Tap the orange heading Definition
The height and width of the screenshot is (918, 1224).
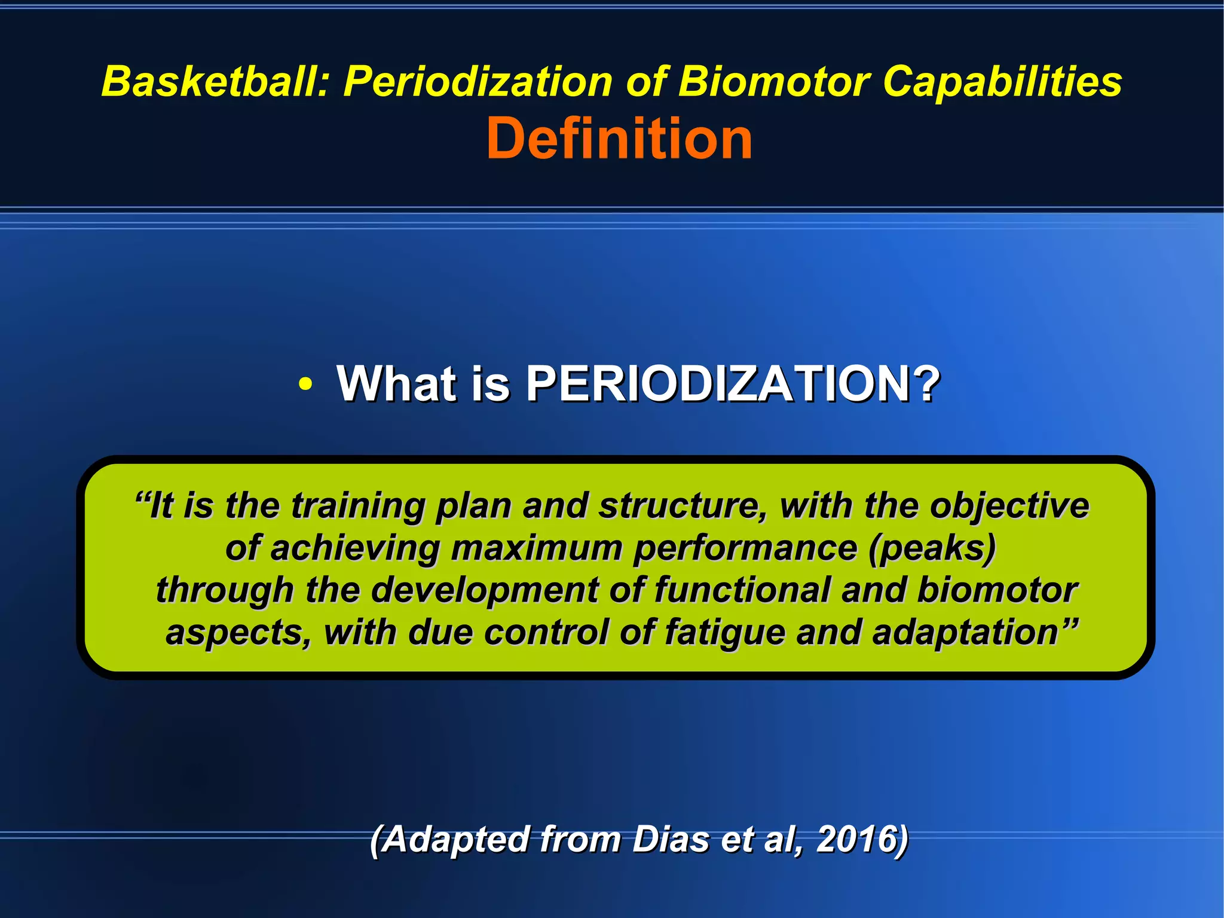coord(619,139)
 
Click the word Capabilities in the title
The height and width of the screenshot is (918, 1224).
coord(1002,81)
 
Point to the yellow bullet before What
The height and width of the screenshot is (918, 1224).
coord(305,385)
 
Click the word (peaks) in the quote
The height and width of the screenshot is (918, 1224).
coord(932,548)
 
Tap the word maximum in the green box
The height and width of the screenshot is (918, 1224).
coord(536,548)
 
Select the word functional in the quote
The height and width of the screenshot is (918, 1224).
coord(742,590)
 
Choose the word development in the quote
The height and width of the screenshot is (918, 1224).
coord(484,590)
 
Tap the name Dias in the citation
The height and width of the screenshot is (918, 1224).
coord(671,839)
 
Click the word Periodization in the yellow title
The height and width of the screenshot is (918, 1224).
coord(478,81)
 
